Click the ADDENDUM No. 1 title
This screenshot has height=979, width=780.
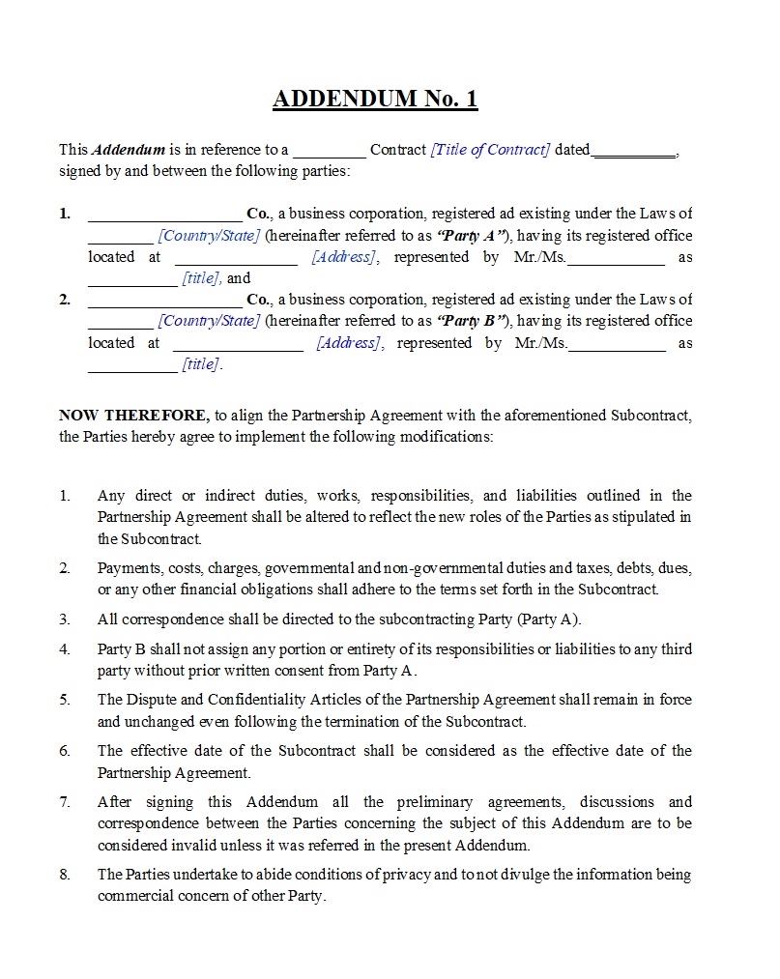375,99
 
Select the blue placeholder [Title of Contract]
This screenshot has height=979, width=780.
490,150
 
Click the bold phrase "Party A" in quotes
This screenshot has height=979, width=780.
473,236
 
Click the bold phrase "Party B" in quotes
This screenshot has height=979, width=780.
473,321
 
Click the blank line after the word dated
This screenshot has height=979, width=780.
633,151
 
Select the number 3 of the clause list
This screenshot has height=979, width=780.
65,619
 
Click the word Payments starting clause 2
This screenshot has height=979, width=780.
128,568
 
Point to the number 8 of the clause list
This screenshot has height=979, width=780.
65,875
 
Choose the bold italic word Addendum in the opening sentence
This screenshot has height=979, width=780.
129,150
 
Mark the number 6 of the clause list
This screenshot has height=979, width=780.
65,751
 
